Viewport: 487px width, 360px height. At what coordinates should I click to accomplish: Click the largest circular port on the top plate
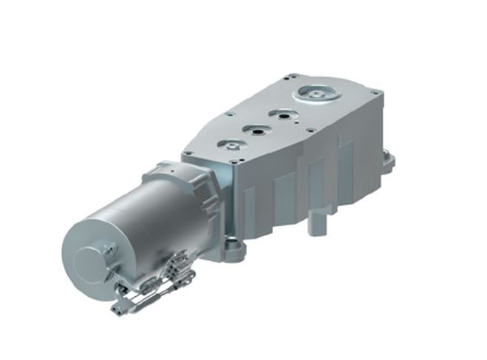(x=315, y=94)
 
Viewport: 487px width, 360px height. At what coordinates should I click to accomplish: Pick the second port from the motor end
(x=255, y=130)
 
